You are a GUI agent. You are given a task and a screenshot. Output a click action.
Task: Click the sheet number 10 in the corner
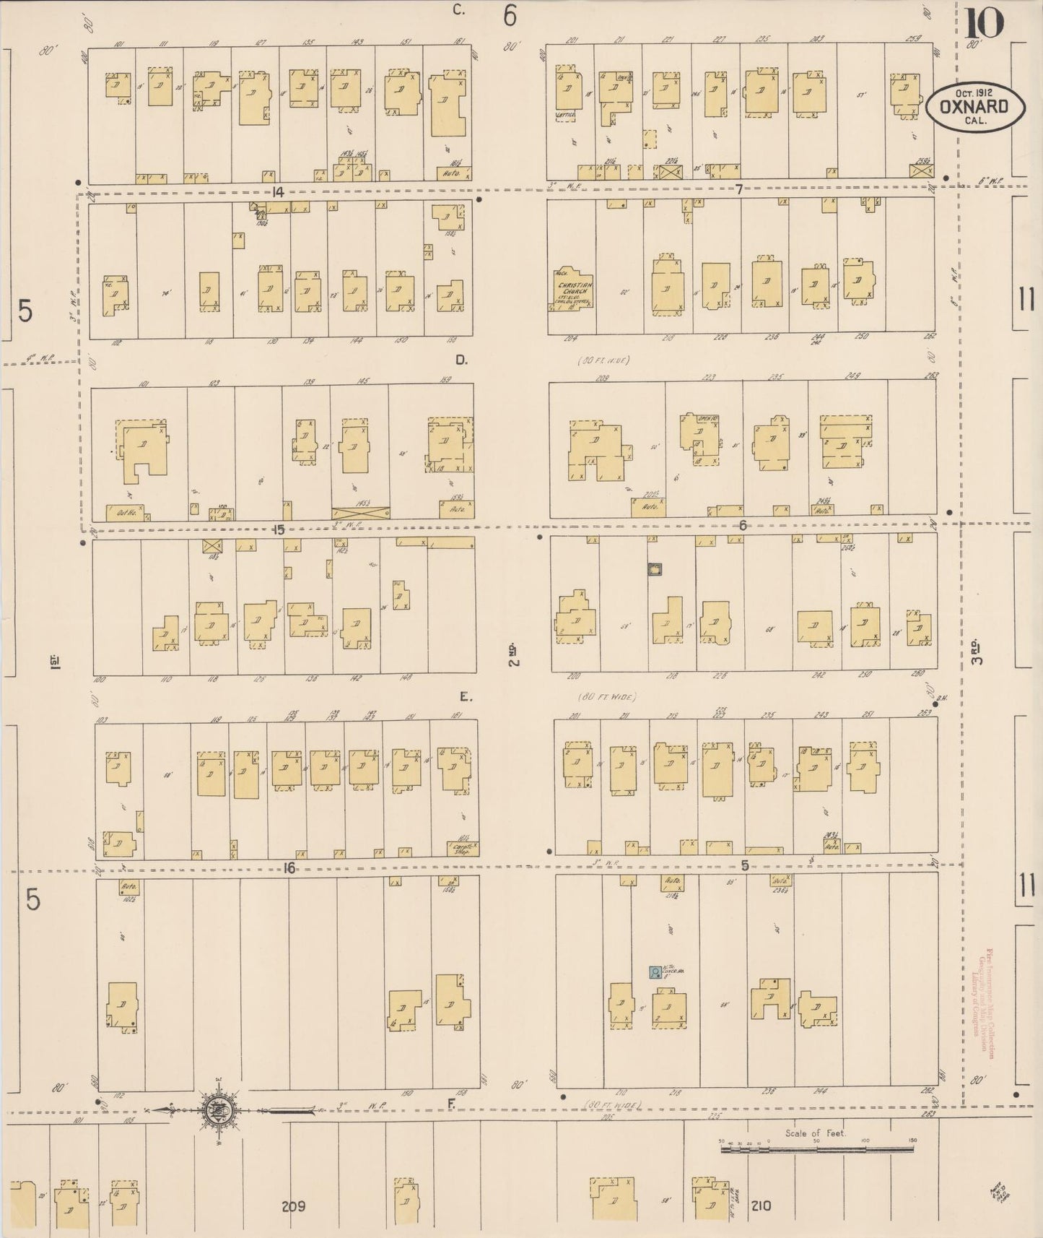[x=982, y=23]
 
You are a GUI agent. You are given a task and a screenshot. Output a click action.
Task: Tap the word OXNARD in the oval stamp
[x=975, y=106]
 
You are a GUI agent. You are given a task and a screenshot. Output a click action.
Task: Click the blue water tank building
[x=655, y=972]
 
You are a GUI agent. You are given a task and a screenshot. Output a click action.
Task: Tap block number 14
[x=276, y=191]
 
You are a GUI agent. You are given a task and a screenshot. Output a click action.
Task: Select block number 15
[x=279, y=530]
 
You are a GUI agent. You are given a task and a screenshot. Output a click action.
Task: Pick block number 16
[x=289, y=868]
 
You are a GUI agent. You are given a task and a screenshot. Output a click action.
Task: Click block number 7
[x=739, y=189]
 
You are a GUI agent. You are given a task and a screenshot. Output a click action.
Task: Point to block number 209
[x=294, y=1206]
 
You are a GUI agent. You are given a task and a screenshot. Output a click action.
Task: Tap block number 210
[x=760, y=1205]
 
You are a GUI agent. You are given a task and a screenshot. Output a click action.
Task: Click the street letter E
[x=465, y=697]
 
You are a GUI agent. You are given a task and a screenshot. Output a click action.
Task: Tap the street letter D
[x=461, y=359]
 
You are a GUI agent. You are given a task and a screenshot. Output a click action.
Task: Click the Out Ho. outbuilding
[x=124, y=513]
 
